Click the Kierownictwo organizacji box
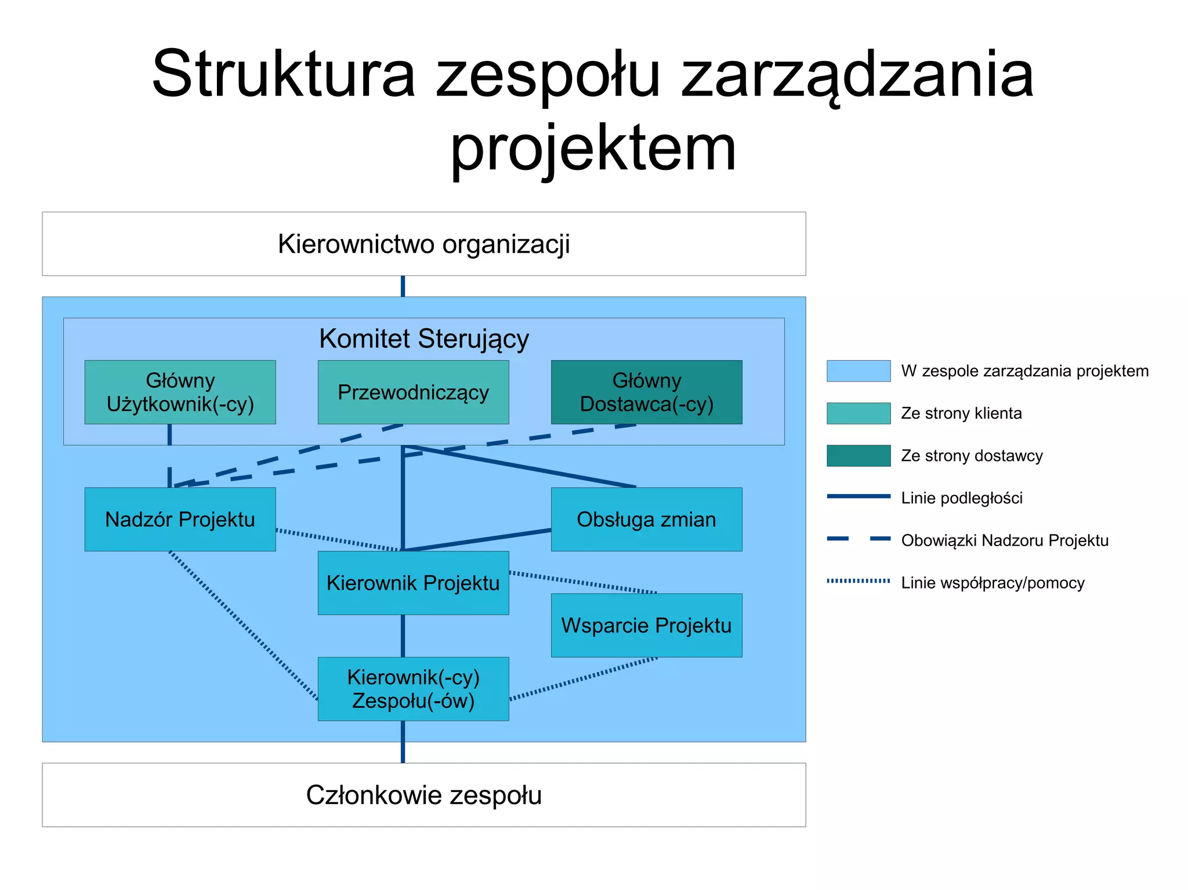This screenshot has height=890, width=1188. pos(423,244)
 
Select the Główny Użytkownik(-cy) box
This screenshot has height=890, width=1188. pos(180,392)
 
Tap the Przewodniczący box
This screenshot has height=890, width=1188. pos(413,392)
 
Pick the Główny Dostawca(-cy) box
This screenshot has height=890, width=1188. pos(646,392)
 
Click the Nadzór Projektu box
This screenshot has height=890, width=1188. pos(180,519)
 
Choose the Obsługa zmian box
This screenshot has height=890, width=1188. pos(646,519)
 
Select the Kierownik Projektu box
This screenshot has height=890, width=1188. pos(413,583)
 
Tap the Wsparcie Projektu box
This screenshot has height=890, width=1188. pos(646,625)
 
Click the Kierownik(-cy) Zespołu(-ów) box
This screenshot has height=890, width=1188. pos(413,689)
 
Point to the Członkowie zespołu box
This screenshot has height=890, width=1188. pos(423,795)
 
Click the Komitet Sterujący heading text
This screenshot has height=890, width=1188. pos(423,339)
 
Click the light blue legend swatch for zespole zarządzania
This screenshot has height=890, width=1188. pos(859,371)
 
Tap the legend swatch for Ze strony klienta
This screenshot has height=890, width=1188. pos(859,413)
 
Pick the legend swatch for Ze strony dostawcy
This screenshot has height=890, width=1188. pos(859,456)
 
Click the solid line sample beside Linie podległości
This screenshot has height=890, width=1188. pos(859,496)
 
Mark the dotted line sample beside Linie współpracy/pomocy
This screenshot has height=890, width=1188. pos(859,580)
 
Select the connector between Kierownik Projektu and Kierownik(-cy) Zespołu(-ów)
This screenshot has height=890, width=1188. pos(403,636)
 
